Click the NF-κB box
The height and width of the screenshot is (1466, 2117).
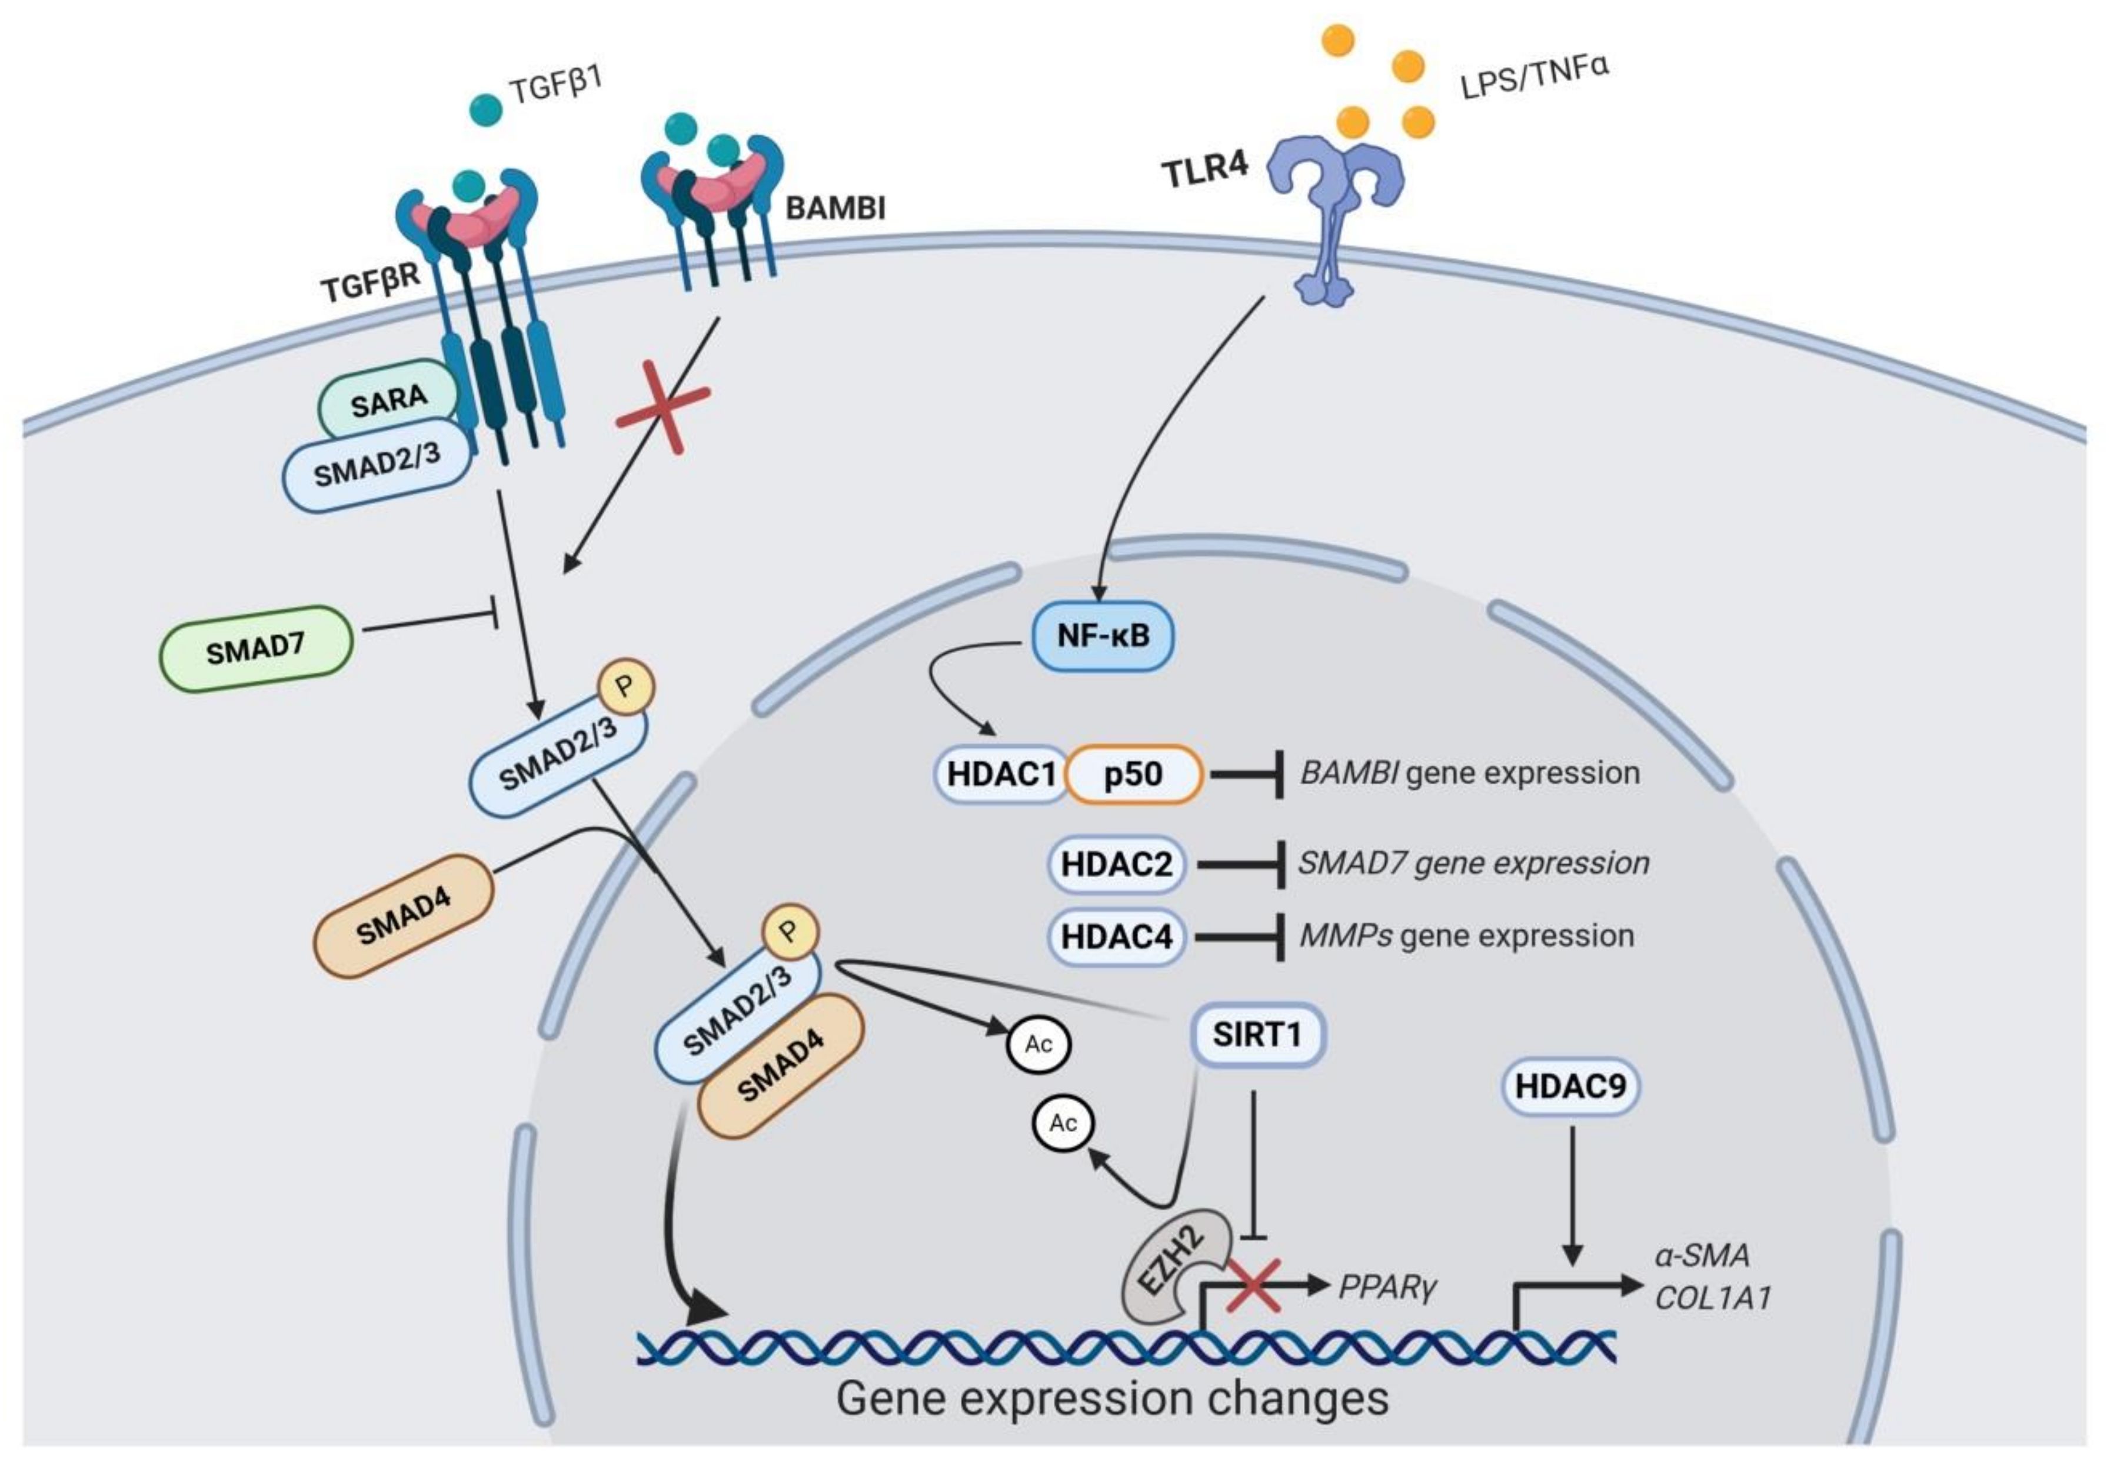click(x=1102, y=635)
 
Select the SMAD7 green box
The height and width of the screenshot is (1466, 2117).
click(x=255, y=648)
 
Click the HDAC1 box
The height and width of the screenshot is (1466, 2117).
click(x=1001, y=774)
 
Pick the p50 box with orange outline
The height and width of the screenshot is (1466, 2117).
click(x=1133, y=774)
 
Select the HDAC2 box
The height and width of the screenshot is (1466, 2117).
click(x=1116, y=864)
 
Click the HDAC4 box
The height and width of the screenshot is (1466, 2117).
click(x=1116, y=936)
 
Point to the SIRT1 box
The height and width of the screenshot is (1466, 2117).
click(x=1256, y=1034)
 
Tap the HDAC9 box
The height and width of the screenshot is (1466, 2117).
click(x=1570, y=1086)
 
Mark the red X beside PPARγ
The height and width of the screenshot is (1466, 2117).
click(x=1254, y=1284)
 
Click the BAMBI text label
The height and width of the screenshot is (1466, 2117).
click(x=835, y=208)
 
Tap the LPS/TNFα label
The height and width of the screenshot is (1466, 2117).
click(x=1534, y=77)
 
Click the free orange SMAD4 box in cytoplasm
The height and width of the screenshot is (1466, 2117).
click(x=403, y=916)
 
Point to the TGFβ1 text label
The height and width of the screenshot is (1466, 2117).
click(x=555, y=85)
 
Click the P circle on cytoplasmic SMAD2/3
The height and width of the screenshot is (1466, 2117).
click(x=625, y=686)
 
